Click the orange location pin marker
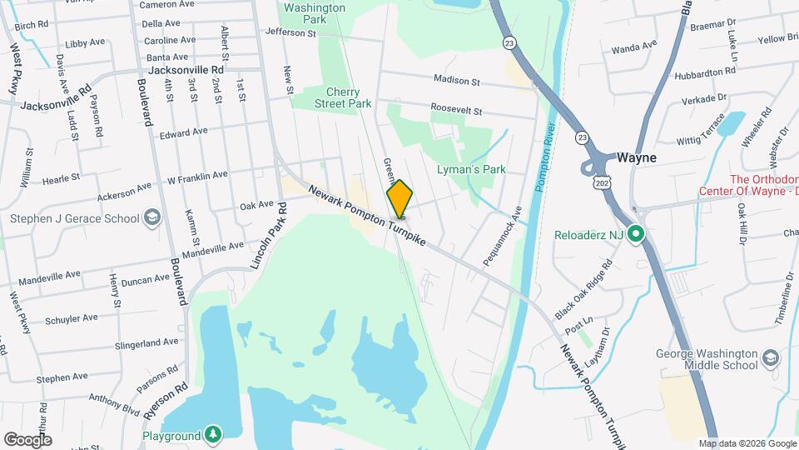[399, 198]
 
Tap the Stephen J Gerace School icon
[151, 218]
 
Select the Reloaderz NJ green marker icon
[636, 234]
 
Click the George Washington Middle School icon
[770, 358]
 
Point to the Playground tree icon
[214, 435]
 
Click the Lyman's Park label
[471, 169]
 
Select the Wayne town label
[637, 157]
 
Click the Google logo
[27, 439]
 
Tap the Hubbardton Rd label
[706, 72]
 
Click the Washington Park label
[314, 13]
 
